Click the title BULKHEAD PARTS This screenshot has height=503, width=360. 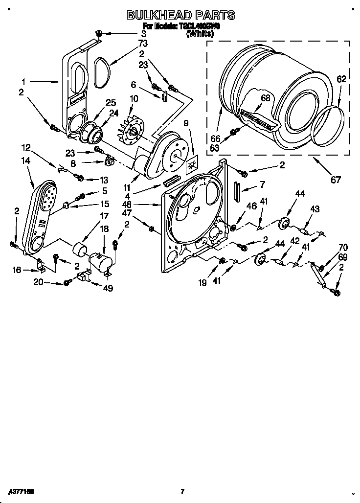(x=180, y=15)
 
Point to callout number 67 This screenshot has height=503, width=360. (x=336, y=180)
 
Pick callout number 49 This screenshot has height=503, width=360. (x=108, y=288)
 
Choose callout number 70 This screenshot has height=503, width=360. (x=343, y=248)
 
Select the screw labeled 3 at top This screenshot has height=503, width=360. (x=98, y=33)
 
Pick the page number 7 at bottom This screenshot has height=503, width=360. (x=182, y=491)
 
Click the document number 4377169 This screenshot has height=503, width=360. (x=21, y=491)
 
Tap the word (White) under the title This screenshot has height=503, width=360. (x=200, y=34)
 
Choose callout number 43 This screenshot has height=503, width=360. (x=315, y=209)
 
